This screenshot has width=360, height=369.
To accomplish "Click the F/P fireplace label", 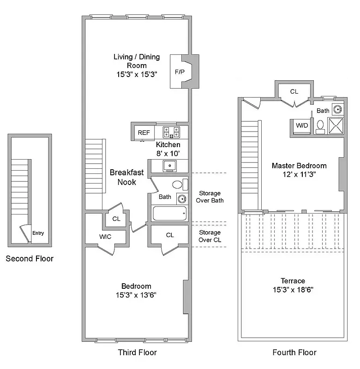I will coord(179,72).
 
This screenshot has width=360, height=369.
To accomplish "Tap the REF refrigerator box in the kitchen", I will coord(144,133).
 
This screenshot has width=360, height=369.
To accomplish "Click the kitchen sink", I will coord(169,165).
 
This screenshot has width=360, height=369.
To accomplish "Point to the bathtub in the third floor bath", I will coord(169,214).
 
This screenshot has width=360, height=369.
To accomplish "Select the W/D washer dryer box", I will coord(302,125).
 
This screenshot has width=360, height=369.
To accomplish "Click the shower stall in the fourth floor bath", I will coord(336,125).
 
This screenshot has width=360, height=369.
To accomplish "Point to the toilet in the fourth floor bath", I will coord(320,125).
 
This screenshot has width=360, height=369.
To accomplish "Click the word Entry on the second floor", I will coord(38,233).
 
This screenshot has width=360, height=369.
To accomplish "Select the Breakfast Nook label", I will coord(126,178).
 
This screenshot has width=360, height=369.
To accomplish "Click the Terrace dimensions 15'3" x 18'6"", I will coord(294,290).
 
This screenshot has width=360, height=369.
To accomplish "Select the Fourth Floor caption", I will coord(294,352).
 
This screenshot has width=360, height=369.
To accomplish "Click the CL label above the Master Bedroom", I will coord(294,91).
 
